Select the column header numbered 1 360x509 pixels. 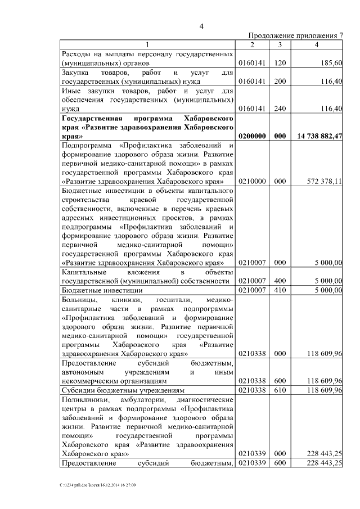[x=148, y=45]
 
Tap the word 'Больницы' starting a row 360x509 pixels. [x=78, y=300]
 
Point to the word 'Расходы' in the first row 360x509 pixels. [x=76, y=55]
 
